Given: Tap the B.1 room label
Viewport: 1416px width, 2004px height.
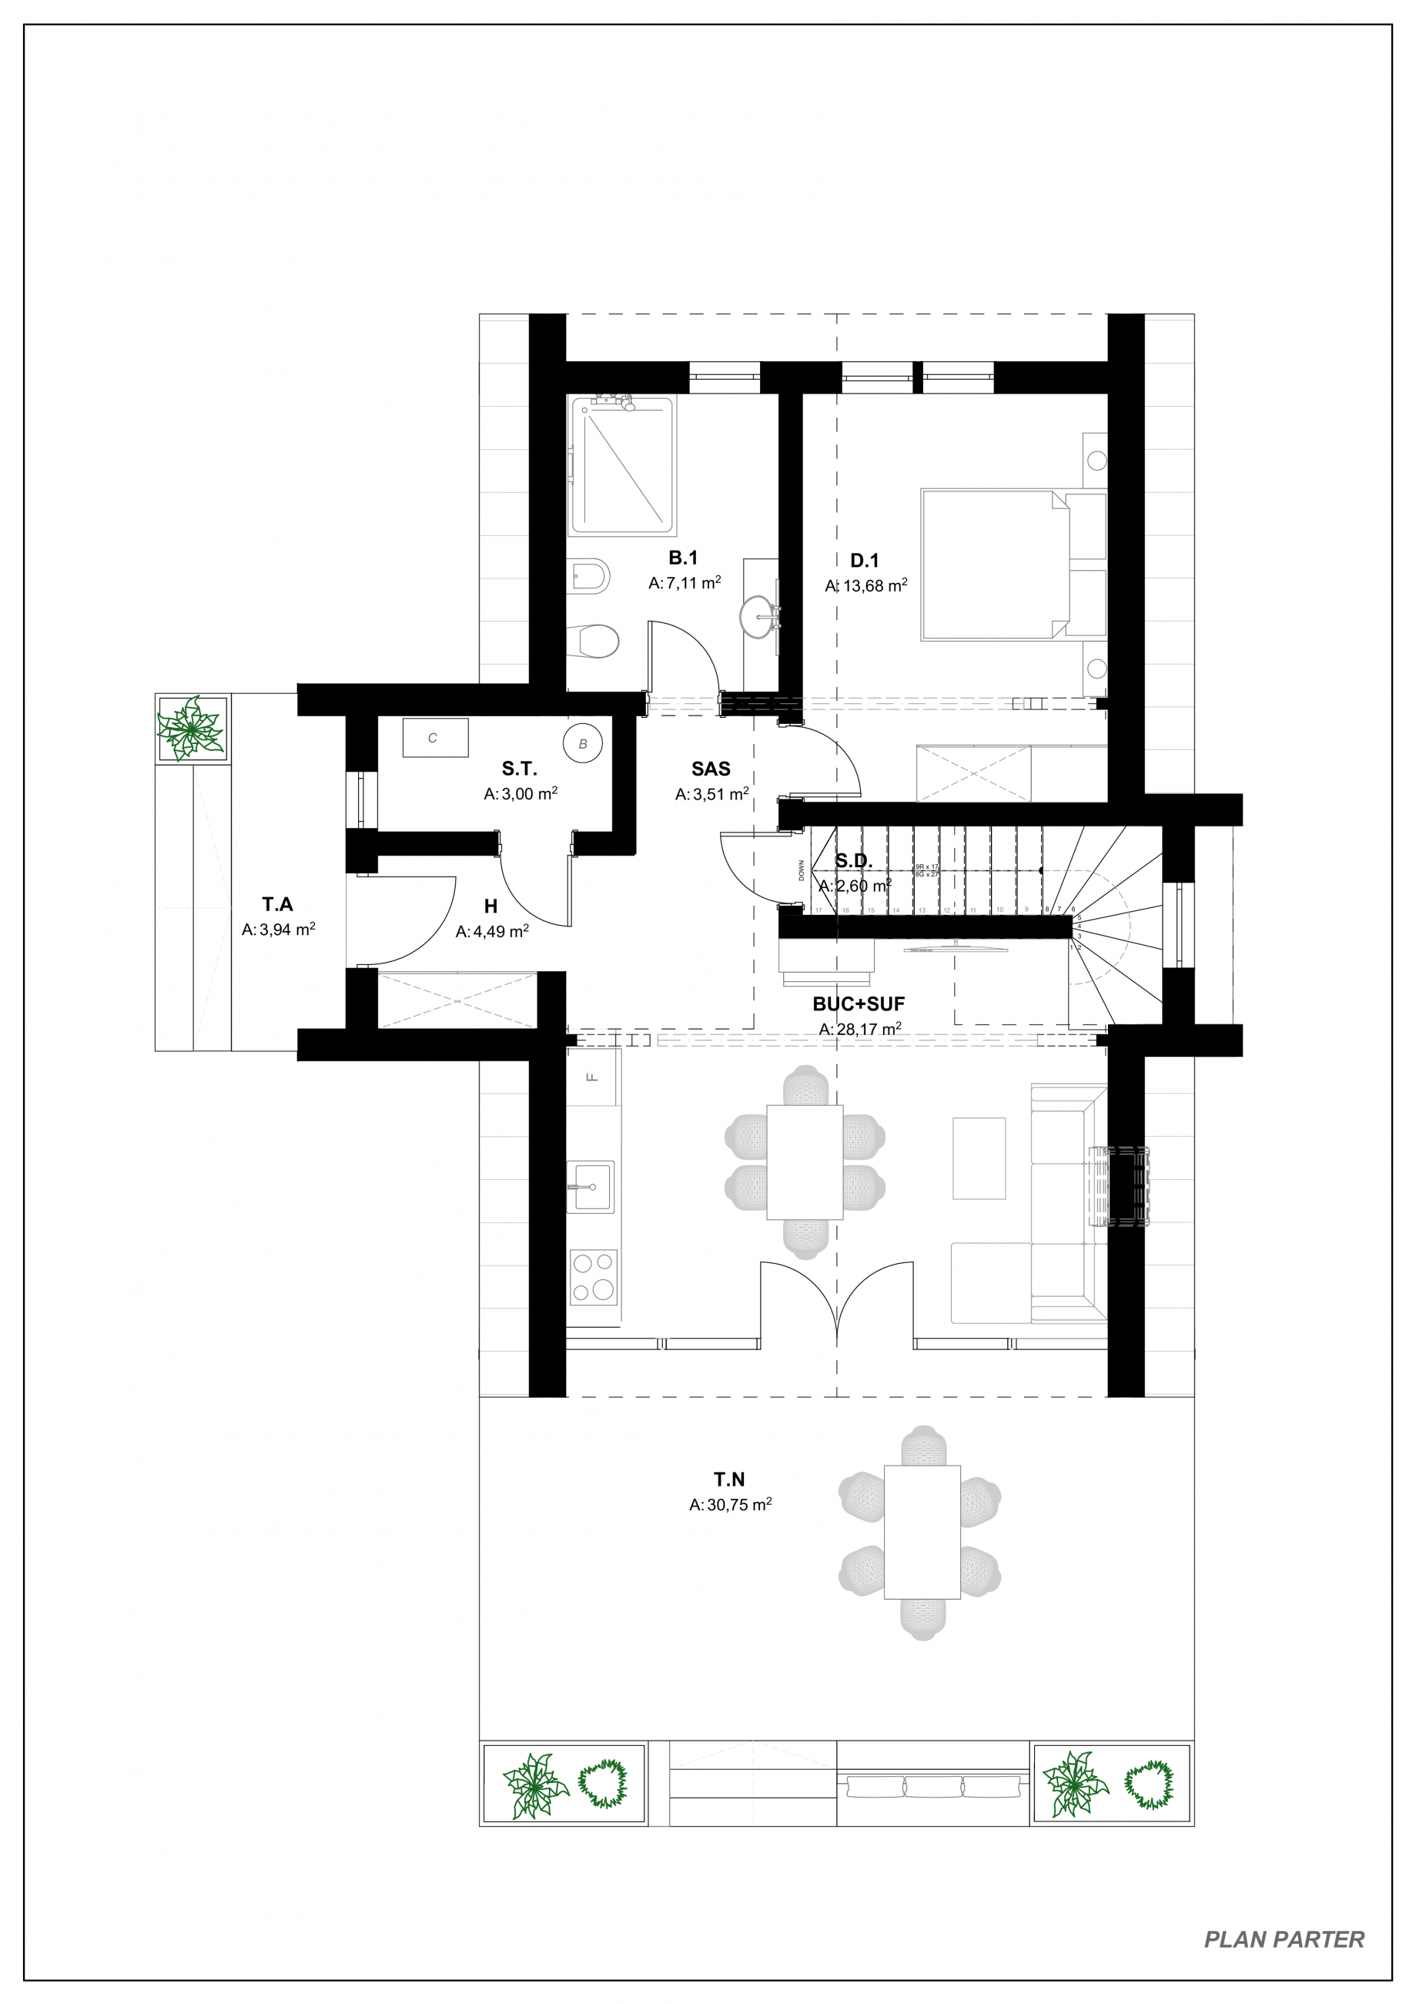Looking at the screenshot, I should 683,558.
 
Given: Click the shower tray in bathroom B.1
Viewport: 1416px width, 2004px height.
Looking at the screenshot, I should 621,466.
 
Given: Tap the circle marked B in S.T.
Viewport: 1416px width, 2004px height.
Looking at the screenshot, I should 583,744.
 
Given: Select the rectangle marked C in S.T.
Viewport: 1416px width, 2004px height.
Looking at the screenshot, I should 434,739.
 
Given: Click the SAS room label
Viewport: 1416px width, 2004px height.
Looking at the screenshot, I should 710,769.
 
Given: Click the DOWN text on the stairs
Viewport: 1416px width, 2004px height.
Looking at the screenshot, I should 801,870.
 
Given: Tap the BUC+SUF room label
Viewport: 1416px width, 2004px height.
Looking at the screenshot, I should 859,1004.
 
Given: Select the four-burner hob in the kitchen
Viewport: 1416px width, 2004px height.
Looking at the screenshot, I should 592,1277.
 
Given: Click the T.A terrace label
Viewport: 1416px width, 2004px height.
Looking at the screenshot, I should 277,905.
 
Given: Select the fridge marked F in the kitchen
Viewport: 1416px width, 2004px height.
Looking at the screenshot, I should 593,1076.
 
